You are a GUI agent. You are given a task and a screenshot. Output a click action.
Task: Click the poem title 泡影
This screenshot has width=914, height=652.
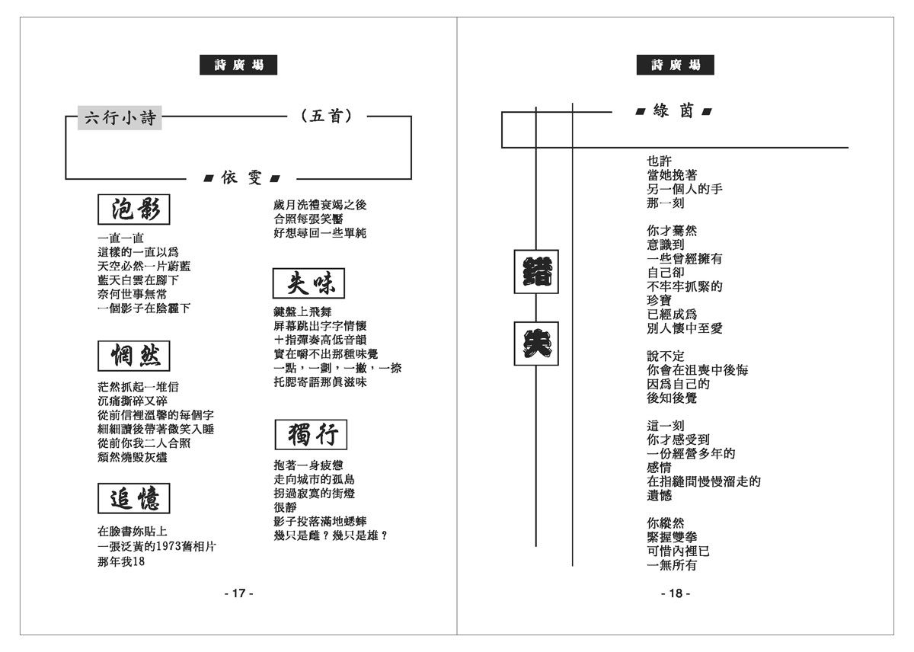[x=134, y=209]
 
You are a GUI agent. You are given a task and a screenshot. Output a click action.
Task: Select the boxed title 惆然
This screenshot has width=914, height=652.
[x=134, y=356]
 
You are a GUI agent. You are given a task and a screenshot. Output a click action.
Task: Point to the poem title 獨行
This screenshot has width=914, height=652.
[x=310, y=435]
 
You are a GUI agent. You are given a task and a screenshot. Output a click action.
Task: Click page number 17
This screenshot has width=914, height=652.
[x=238, y=593]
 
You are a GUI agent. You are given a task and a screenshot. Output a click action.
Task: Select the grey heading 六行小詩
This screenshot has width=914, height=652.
[x=120, y=117]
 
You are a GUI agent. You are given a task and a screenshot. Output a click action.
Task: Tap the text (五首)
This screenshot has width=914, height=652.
[x=326, y=117]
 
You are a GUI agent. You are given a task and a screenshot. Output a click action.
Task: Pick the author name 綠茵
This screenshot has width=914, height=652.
[x=673, y=111]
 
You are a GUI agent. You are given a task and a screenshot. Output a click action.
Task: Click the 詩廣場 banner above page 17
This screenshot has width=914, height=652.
[x=238, y=66]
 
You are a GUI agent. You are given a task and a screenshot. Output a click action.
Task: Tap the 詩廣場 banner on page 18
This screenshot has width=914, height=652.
[x=676, y=66]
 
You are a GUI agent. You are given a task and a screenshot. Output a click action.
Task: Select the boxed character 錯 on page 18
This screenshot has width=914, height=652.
[x=536, y=271]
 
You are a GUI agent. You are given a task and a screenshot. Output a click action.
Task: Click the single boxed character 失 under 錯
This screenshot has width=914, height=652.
[x=536, y=344]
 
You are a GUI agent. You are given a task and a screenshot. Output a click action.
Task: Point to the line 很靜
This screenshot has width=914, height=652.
[x=286, y=507]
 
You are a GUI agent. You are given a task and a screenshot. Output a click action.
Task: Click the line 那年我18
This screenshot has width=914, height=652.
[x=121, y=562]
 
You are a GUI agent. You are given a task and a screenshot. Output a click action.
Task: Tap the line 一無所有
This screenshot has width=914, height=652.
[x=672, y=565]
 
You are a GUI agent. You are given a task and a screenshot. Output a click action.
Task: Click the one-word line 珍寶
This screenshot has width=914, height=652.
[x=660, y=300]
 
